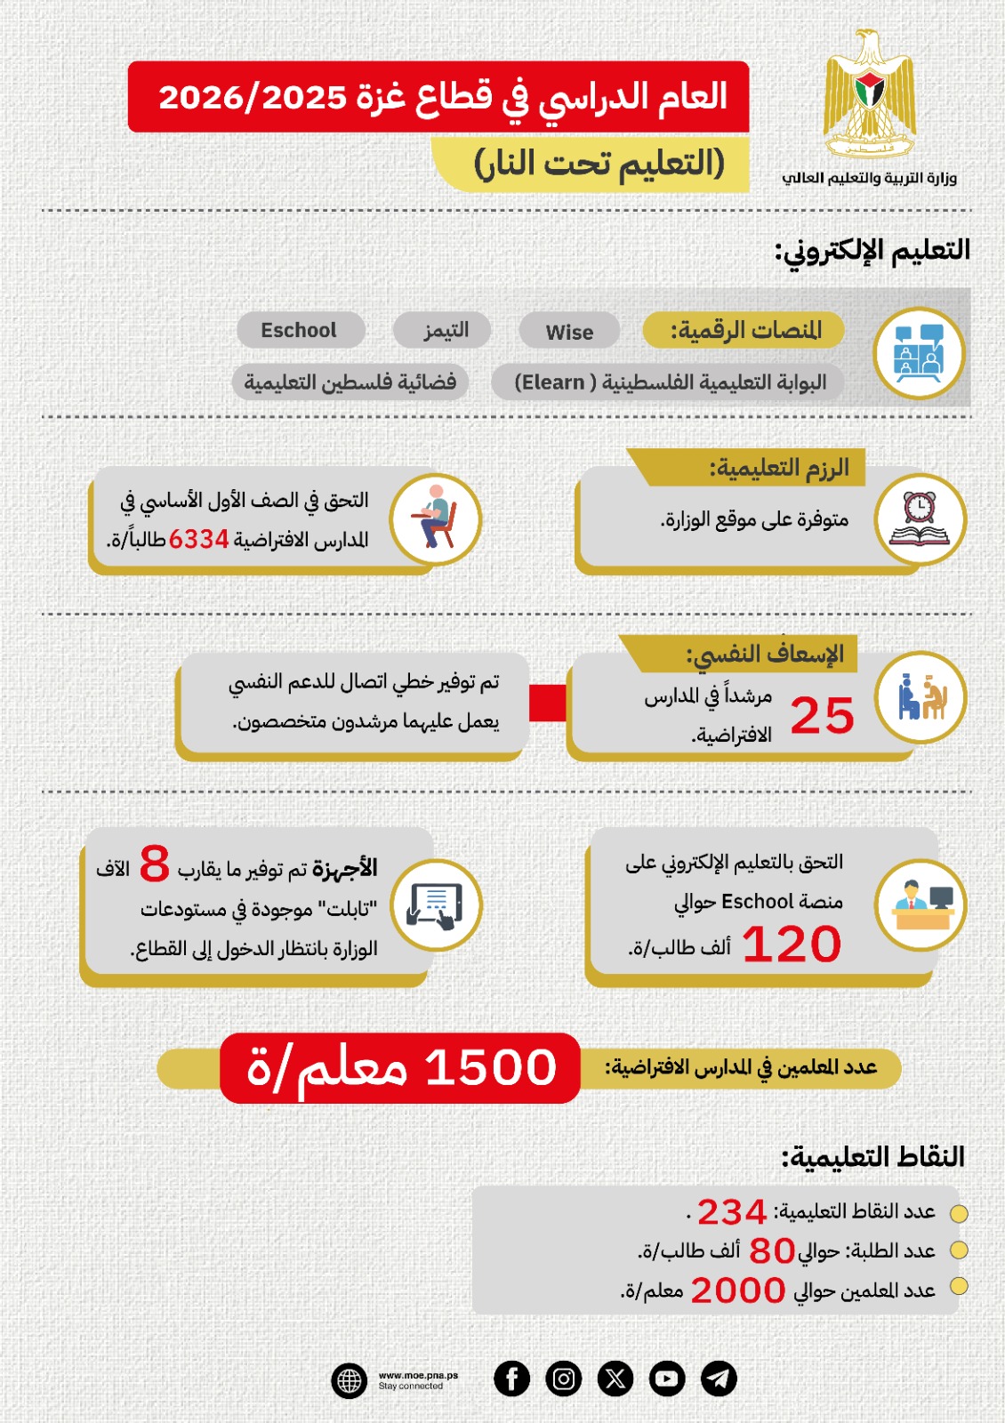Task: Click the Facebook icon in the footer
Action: pyautogui.click(x=511, y=1379)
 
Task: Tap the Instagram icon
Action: pyautogui.click(x=563, y=1379)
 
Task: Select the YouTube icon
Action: pyautogui.click(x=667, y=1379)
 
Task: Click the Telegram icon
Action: pyautogui.click(x=719, y=1379)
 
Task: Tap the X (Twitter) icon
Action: pyautogui.click(x=615, y=1379)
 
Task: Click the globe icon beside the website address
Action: pyautogui.click(x=350, y=1381)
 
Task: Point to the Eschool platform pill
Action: pyautogui.click(x=300, y=330)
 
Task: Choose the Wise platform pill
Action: pyautogui.click(x=569, y=332)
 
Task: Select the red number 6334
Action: pyautogui.click(x=199, y=539)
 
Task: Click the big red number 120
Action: pyautogui.click(x=792, y=944)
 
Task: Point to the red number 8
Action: pyautogui.click(x=155, y=863)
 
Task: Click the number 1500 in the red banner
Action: pyautogui.click(x=491, y=1067)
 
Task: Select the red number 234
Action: pyautogui.click(x=732, y=1212)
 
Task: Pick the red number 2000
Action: pyautogui.click(x=738, y=1290)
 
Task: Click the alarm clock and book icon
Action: pyautogui.click(x=920, y=519)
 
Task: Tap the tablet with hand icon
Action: pyautogui.click(x=435, y=905)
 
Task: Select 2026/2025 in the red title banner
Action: pyautogui.click(x=252, y=97)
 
